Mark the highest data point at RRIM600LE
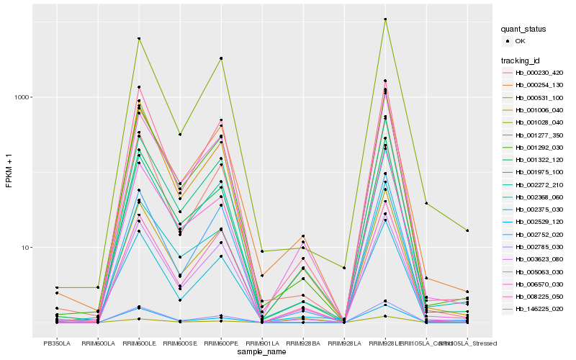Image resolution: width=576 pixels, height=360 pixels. (x=139, y=38)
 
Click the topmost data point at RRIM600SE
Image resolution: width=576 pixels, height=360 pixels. (x=180, y=134)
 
